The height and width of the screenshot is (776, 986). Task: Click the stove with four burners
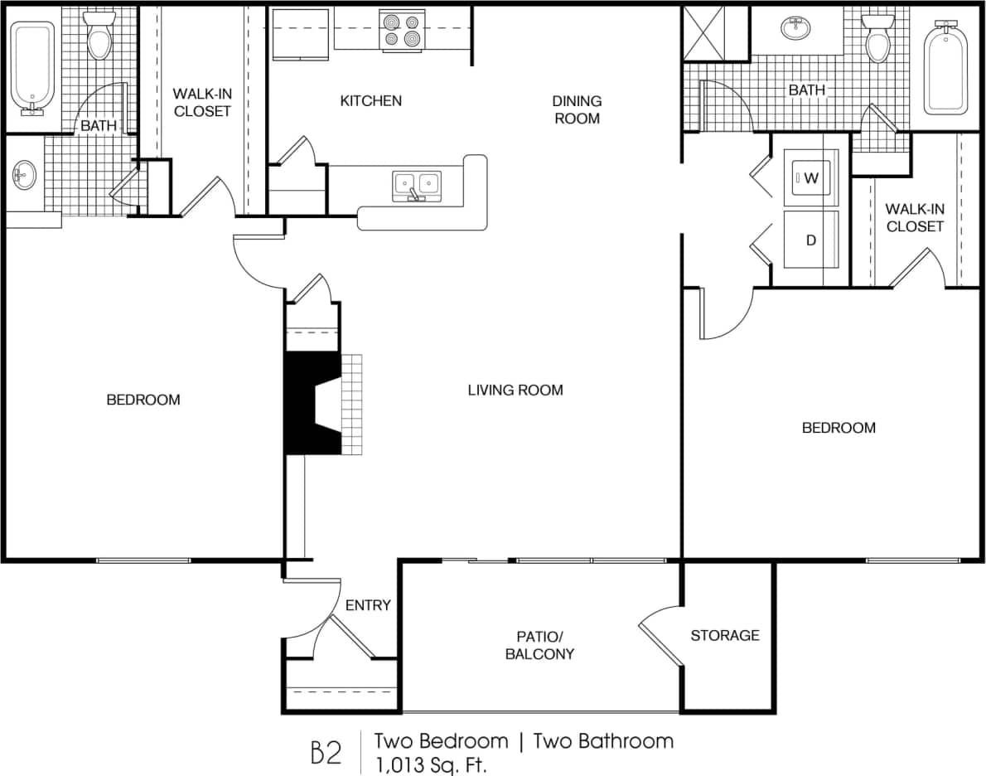[403, 31]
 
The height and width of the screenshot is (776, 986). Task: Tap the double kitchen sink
[417, 183]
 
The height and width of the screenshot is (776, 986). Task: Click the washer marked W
[811, 177]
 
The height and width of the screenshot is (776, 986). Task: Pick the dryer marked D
[811, 240]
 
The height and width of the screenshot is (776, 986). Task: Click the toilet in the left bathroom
[99, 35]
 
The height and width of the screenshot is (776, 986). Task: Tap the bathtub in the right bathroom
[945, 67]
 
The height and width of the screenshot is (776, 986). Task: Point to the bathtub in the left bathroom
[32, 67]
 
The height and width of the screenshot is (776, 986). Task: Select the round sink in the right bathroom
[796, 28]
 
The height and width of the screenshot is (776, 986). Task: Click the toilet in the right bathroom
[877, 39]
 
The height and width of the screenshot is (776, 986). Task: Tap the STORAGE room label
[725, 635]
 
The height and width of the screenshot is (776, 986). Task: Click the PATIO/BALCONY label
[539, 645]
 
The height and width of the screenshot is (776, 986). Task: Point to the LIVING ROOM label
[515, 390]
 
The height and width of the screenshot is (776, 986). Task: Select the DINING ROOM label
[577, 109]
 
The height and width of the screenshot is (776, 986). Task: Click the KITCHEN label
[370, 100]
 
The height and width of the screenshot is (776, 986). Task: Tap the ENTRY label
[368, 605]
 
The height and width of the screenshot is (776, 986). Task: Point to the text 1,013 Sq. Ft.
[431, 763]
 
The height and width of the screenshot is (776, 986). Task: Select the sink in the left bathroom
[22, 175]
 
